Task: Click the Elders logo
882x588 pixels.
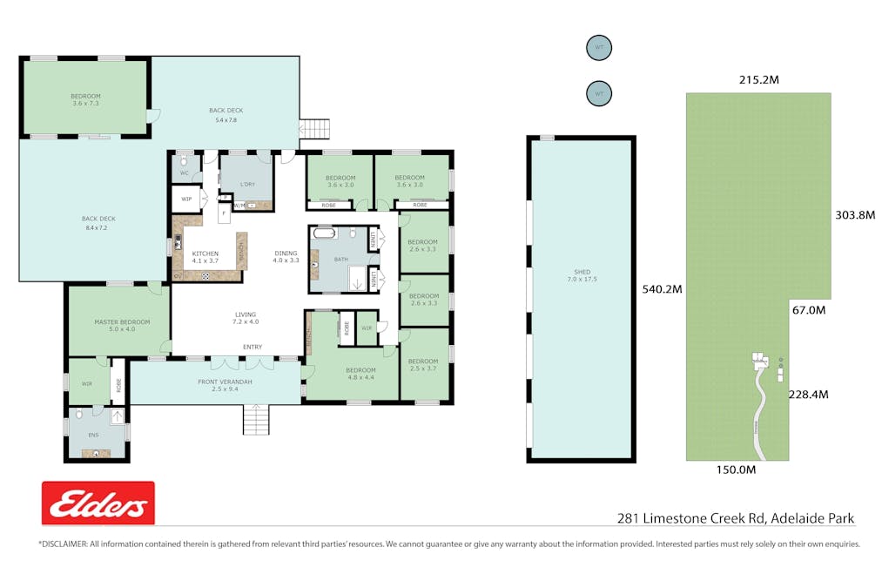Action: pos(98,503)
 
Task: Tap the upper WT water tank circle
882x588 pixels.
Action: pos(598,47)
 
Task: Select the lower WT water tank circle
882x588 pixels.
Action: pos(598,92)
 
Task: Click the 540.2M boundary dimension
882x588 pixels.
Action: pos(663,288)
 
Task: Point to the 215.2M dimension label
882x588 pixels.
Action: pos(758,80)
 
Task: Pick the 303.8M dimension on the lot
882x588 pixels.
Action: pos(854,214)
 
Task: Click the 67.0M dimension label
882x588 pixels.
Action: pos(808,309)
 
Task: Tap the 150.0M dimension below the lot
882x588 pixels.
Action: pos(735,470)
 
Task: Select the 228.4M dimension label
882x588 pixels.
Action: pos(808,394)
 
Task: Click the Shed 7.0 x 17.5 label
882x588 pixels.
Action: pos(581,275)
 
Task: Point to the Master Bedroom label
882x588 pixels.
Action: pos(122,325)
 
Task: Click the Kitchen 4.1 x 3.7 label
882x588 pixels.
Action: pos(205,257)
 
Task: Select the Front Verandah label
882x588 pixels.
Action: pos(225,385)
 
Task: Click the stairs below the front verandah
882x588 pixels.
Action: pos(256,421)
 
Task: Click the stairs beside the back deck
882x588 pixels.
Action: pos(315,128)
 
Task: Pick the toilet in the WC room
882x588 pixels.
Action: pos(184,160)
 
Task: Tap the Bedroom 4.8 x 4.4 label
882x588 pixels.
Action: pos(360,373)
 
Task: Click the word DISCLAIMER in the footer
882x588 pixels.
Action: pos(64,544)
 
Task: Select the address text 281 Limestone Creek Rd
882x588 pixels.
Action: pos(691,518)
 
